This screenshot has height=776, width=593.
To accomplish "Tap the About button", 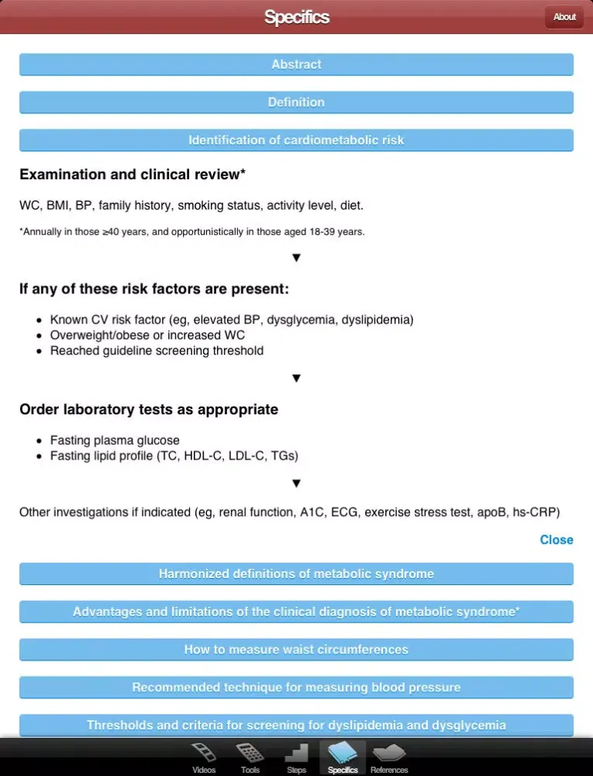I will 564,17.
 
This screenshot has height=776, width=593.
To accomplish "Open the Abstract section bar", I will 296,64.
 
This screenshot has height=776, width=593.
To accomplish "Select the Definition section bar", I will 296,102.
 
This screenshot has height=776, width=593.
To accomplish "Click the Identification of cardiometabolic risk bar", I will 296,140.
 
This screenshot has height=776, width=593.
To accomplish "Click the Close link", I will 556,540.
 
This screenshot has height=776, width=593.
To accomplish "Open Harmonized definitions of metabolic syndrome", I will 296,574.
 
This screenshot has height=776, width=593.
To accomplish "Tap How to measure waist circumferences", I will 296,650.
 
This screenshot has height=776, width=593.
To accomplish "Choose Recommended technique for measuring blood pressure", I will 296,688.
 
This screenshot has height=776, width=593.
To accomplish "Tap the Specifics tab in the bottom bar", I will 343,757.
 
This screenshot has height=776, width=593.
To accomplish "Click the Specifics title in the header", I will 296,17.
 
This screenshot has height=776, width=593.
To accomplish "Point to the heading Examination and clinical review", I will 133,175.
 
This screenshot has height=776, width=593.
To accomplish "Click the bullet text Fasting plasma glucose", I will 115,441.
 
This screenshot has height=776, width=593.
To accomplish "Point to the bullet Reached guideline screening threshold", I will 157,351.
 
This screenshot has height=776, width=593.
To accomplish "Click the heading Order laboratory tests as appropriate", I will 149,410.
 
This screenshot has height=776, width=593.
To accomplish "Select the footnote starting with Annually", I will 191,231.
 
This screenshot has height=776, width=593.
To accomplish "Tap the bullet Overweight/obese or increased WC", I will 147,335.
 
